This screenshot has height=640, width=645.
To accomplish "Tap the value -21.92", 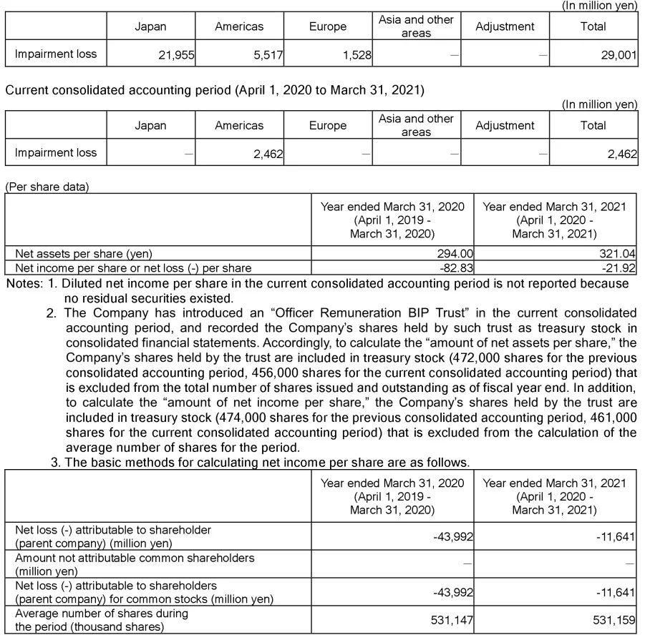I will click(617, 268).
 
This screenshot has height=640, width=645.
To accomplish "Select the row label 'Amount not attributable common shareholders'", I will click(135, 558).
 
